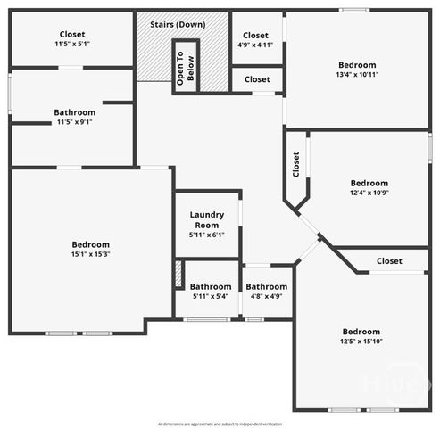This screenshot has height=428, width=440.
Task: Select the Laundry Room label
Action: (207, 219)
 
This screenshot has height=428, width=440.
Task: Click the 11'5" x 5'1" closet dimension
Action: (72, 44)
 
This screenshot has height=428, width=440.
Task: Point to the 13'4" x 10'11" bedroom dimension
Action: (357, 75)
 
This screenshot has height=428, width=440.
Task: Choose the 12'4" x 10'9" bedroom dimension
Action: (369, 193)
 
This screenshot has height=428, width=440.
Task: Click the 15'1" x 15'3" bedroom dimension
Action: (91, 255)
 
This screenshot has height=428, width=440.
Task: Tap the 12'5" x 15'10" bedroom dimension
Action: (361, 342)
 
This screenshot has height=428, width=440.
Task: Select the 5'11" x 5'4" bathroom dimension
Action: (211, 296)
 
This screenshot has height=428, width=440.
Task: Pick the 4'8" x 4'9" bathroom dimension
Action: (267, 296)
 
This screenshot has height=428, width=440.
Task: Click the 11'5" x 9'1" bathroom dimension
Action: (75, 122)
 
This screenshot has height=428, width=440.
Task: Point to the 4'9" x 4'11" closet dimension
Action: (255, 44)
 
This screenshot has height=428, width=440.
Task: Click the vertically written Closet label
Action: (296, 163)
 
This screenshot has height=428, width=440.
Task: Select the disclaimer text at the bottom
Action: (220, 424)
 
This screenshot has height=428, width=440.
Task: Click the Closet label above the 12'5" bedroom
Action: (389, 261)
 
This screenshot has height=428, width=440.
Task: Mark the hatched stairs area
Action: (154, 58)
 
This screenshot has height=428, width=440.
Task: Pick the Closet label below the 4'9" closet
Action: (257, 79)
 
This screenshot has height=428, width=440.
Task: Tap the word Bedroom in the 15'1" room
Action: (91, 245)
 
